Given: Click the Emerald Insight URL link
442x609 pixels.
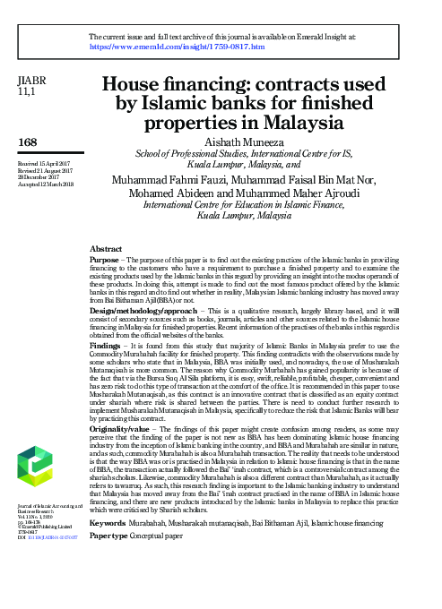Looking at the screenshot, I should (x=178, y=45).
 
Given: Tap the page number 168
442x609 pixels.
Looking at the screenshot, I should (x=29, y=142).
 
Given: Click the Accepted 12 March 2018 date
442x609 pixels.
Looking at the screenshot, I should (x=48, y=184).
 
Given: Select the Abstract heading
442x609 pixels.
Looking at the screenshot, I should (x=107, y=247).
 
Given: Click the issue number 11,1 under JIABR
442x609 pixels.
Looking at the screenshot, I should (x=26, y=93).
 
